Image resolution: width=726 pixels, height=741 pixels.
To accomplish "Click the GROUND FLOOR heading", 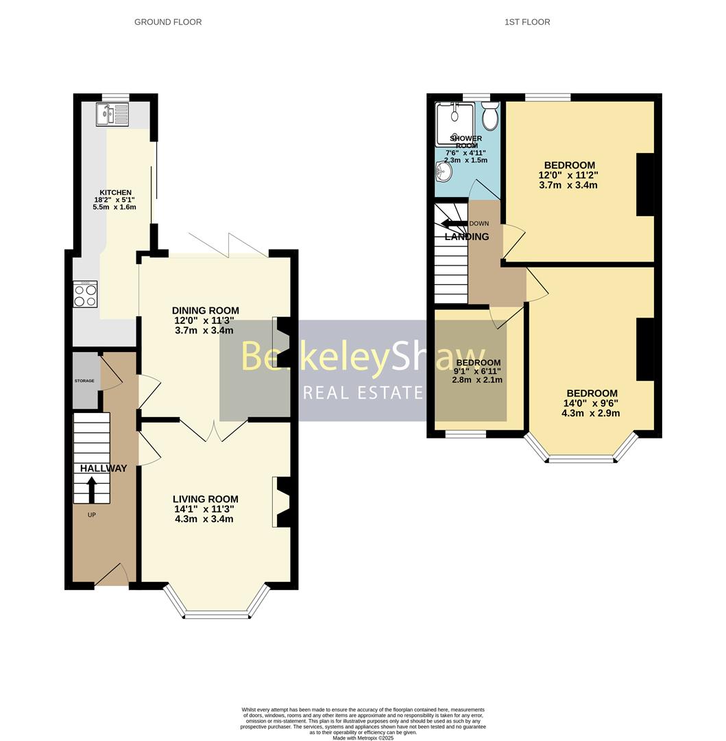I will [x=168, y=22].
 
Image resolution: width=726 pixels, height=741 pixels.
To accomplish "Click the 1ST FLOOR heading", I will [x=527, y=22].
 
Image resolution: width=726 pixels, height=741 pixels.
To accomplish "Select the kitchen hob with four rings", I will [x=86, y=295].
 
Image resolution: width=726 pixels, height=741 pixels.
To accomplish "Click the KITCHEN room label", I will [x=115, y=193].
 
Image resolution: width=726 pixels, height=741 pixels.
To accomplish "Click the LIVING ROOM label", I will [x=205, y=499].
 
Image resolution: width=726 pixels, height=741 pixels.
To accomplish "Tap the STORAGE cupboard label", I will [x=84, y=380].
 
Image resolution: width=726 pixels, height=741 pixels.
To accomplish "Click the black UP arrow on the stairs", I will [x=91, y=490].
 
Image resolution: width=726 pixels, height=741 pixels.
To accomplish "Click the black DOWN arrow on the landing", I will [x=453, y=224].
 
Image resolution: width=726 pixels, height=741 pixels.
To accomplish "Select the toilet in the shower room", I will [x=489, y=117].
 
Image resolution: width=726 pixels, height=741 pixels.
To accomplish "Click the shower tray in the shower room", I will [x=455, y=124].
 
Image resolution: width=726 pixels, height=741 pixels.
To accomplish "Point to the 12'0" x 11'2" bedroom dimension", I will [x=569, y=175].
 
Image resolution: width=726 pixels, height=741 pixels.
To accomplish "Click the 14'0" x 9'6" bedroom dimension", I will [x=590, y=403].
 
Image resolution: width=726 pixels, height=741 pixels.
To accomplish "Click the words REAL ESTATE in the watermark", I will [x=363, y=392].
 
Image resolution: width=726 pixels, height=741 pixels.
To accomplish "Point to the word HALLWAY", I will [x=104, y=469].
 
